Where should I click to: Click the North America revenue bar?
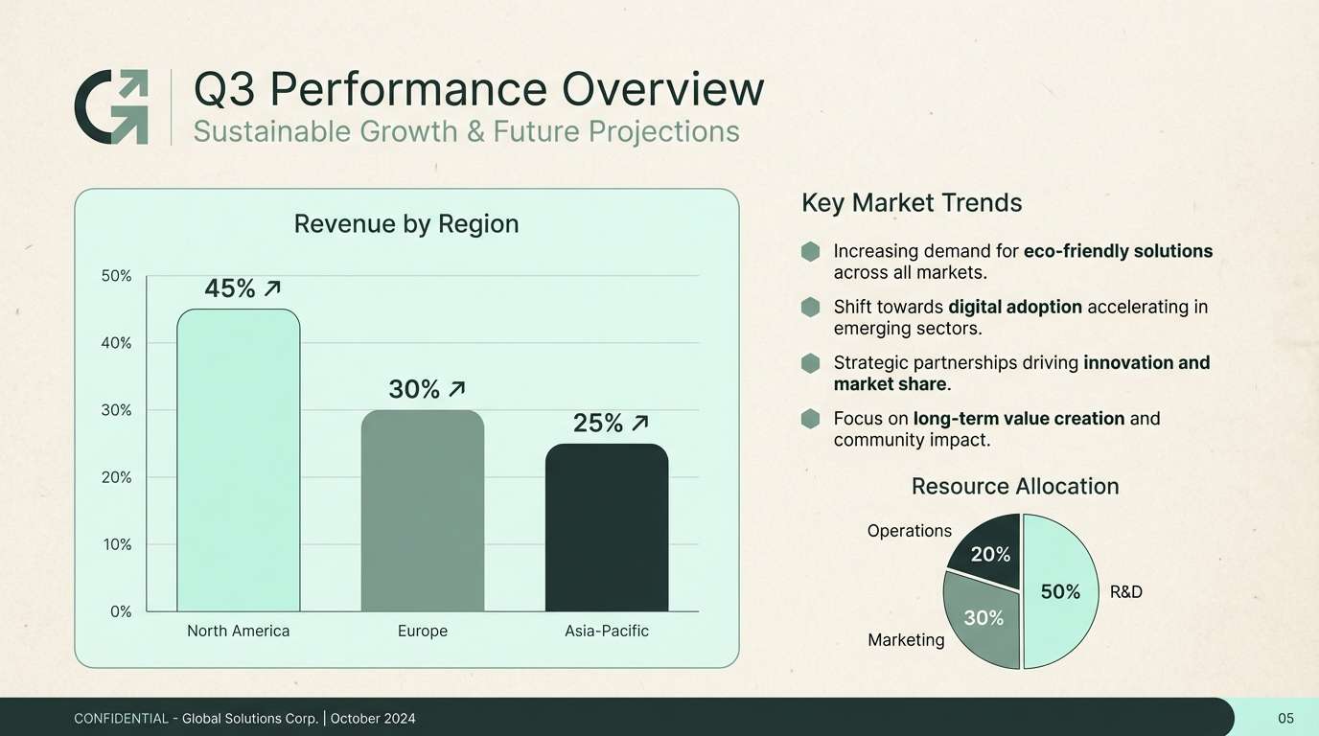click(239, 460)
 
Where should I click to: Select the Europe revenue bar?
click(423, 511)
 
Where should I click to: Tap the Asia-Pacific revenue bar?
click(607, 528)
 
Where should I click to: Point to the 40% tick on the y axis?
click(116, 343)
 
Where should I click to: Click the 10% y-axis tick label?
click(117, 544)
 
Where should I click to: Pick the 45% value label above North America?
click(230, 288)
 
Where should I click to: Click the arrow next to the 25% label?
click(640, 423)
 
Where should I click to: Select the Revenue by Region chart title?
click(406, 223)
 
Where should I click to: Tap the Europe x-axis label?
click(422, 632)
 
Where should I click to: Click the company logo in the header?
click(111, 106)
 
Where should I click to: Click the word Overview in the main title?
click(662, 89)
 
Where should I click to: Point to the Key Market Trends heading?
click(912, 202)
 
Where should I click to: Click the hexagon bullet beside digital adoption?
click(810, 307)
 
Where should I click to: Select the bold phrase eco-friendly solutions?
click(1119, 251)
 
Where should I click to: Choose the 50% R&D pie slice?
click(1060, 591)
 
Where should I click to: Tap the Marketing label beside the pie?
click(906, 640)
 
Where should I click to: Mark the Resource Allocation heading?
click(1015, 486)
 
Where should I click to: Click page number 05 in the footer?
click(1286, 719)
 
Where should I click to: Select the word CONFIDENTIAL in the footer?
click(122, 719)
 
